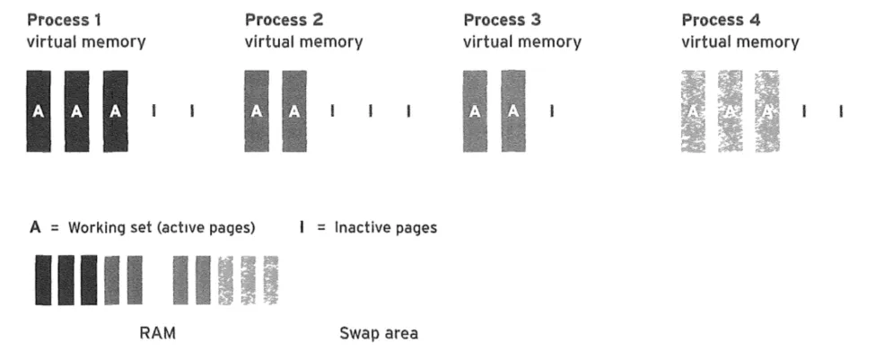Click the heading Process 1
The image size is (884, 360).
(x=65, y=20)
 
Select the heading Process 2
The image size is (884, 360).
(x=284, y=20)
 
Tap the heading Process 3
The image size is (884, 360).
(x=503, y=20)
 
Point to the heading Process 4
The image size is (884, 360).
(x=721, y=20)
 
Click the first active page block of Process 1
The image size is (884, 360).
(x=38, y=110)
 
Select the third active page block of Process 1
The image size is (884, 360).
(x=115, y=110)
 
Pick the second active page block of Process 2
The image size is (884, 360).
(x=294, y=110)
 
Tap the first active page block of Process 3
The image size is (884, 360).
(x=475, y=110)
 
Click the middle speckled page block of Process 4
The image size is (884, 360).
(x=731, y=110)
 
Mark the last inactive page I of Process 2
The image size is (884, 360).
(x=408, y=111)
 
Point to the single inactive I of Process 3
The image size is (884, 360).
(x=552, y=111)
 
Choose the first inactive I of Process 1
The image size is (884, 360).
(x=154, y=111)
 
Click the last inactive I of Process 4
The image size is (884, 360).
(x=841, y=111)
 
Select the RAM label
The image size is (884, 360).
(x=157, y=333)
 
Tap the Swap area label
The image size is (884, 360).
(x=378, y=333)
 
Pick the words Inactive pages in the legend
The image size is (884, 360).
(x=385, y=227)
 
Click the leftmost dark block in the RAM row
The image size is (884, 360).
(x=43, y=280)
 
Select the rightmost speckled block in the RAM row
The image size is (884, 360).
(x=270, y=280)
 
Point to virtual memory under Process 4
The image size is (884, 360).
(x=740, y=41)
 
